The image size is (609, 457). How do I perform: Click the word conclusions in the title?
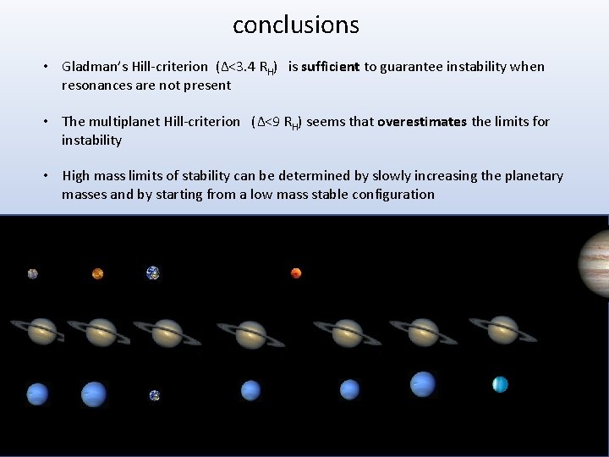296,25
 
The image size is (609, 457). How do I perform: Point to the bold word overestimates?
421,121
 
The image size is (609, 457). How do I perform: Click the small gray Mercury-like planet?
32,273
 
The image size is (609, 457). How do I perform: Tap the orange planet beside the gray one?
97,273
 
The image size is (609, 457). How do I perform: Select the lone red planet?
296,273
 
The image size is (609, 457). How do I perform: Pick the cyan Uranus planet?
500,384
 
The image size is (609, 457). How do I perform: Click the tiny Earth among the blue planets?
154,395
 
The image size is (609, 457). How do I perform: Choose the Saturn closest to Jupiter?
503,330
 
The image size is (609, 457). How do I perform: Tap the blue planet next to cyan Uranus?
422,385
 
